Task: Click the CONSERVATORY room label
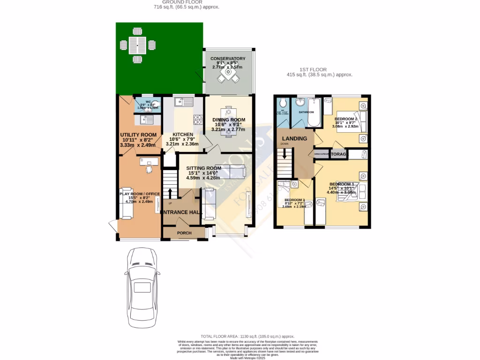(x=228, y=59)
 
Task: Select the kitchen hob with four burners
(x=199, y=120)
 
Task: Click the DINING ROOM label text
(x=229, y=120)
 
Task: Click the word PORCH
(x=184, y=233)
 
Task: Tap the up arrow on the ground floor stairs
(x=170, y=193)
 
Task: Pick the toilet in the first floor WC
(x=283, y=104)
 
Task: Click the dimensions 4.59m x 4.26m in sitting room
(x=203, y=178)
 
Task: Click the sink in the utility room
(x=145, y=120)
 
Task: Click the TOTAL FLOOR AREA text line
(x=247, y=336)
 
